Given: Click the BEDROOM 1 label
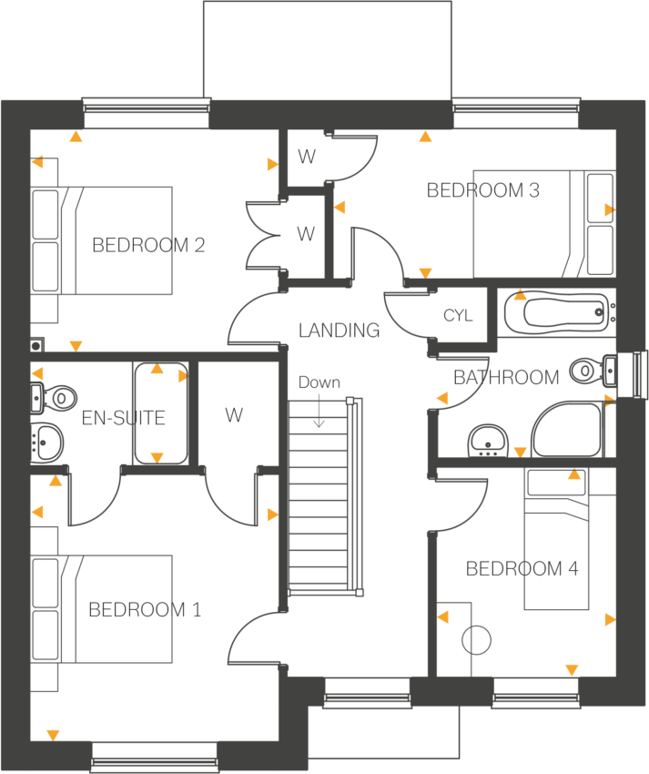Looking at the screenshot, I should pyautogui.click(x=144, y=609).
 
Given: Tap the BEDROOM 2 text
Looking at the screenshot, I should pyautogui.click(x=148, y=245).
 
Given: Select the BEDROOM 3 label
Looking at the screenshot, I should pyautogui.click(x=483, y=190).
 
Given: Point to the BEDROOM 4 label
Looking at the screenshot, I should pyautogui.click(x=522, y=569).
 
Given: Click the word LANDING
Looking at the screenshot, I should pyautogui.click(x=340, y=330).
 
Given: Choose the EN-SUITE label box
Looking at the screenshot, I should pyautogui.click(x=124, y=418).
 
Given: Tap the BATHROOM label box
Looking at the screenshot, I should pyautogui.click(x=506, y=377).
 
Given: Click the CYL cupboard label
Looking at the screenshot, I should pyautogui.click(x=458, y=316).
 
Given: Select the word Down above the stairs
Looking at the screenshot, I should pyautogui.click(x=319, y=382).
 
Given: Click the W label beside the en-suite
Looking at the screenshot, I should pyautogui.click(x=234, y=415).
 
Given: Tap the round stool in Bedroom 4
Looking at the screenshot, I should pyautogui.click(x=477, y=640).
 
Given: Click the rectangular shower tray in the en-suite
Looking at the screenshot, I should pyautogui.click(x=157, y=413).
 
